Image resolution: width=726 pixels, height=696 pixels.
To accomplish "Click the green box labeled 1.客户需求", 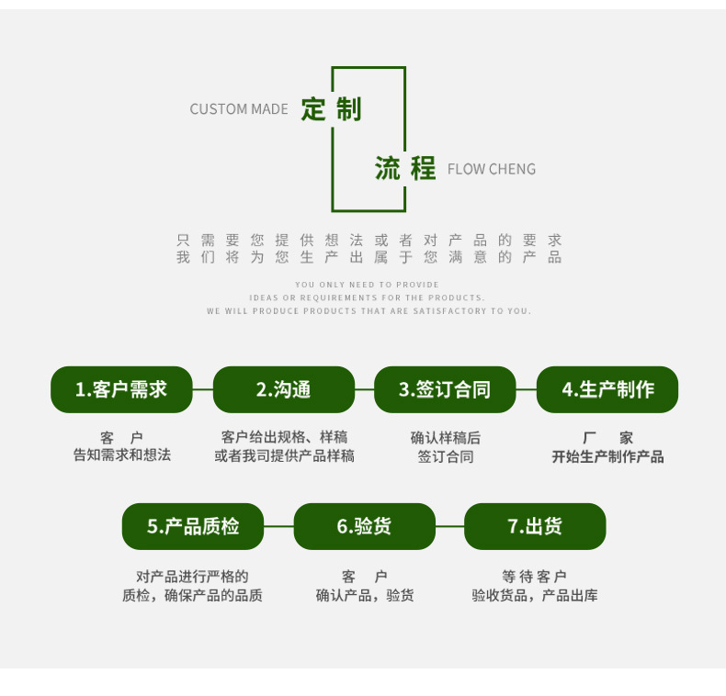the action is [x=121, y=389].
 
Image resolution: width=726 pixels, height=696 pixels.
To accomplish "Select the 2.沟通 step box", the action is [x=284, y=389].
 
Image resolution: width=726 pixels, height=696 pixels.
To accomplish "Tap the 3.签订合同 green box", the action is [x=445, y=389].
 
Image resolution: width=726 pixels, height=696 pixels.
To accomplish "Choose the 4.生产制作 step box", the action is [x=607, y=389].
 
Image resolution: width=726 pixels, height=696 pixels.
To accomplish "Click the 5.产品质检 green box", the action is [x=193, y=527].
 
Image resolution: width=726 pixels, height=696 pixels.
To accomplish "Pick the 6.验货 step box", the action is [x=365, y=527].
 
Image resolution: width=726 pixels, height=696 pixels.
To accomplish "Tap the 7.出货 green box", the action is [x=535, y=527].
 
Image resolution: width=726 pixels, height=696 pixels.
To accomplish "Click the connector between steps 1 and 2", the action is [x=203, y=389].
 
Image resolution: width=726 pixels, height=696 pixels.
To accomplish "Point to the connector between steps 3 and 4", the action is [x=526, y=389].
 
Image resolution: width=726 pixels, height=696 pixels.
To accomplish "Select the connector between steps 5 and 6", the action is [x=278, y=527].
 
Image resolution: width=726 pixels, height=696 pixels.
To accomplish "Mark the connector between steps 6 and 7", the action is [x=450, y=527].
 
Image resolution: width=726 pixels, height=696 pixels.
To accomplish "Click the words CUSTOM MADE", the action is [x=239, y=109].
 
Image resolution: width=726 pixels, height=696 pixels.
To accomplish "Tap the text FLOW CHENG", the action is [x=492, y=169].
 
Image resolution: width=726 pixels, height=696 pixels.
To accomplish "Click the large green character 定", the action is [x=313, y=109].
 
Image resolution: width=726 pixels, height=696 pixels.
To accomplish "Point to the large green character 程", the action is [x=423, y=168].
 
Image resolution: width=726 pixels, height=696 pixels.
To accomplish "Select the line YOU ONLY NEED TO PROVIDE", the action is [x=368, y=285].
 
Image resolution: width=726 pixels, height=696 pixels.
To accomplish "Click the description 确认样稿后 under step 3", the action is [x=446, y=438].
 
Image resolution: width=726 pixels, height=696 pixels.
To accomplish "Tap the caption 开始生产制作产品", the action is [x=608, y=456].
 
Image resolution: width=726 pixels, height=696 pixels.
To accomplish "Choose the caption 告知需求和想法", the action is [x=122, y=455].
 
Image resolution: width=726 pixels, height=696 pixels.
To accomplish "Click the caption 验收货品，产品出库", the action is [x=535, y=595].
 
